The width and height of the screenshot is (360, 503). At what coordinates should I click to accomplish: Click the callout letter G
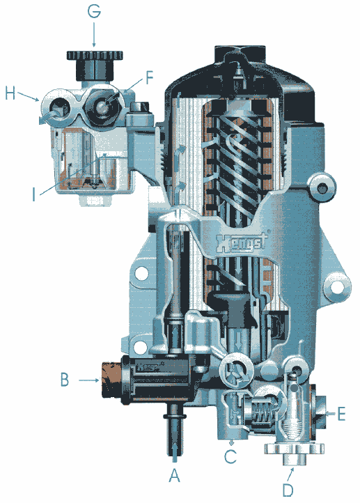click(94, 11)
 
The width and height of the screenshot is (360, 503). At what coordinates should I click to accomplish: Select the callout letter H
click(10, 93)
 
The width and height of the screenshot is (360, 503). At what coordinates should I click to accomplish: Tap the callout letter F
click(150, 77)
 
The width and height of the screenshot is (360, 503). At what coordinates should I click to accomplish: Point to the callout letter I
click(34, 194)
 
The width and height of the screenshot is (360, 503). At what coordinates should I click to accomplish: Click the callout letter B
click(65, 380)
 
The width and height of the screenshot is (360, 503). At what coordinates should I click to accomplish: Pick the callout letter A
click(175, 474)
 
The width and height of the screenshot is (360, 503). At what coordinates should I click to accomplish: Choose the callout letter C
click(230, 456)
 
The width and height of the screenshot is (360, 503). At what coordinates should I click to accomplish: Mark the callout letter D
click(288, 490)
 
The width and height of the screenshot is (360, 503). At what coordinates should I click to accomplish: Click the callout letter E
click(342, 414)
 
